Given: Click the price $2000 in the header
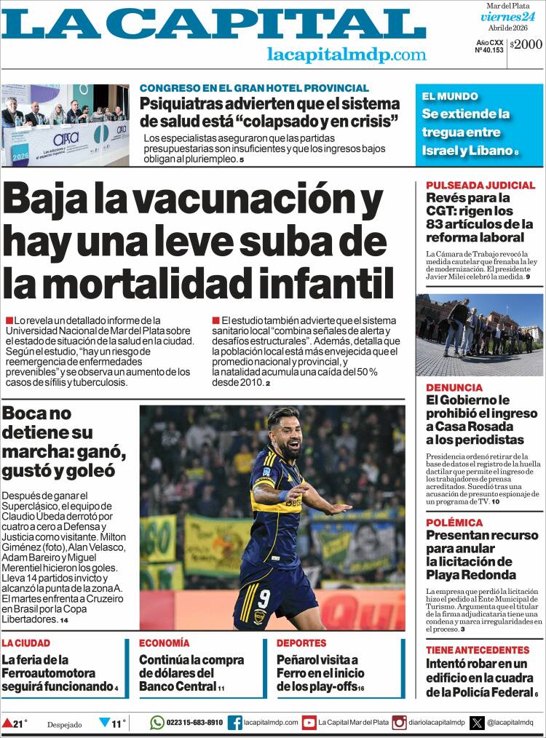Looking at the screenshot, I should [x=526, y=44].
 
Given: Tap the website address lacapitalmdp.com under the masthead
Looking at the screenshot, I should [x=347, y=55].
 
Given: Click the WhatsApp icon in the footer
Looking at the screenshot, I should [x=157, y=722].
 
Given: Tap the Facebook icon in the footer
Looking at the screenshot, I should [x=235, y=722].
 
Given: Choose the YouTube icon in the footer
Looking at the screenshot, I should [x=309, y=722].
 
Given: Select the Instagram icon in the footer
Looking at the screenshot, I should [x=399, y=722].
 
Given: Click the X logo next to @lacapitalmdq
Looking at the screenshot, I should [x=477, y=722].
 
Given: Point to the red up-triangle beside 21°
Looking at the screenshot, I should [x=7, y=723].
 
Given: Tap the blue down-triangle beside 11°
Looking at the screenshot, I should [x=104, y=723].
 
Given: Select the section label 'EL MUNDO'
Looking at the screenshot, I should [x=449, y=96].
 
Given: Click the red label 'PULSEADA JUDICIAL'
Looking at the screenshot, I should [x=480, y=185].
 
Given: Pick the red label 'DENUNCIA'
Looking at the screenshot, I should [x=454, y=387].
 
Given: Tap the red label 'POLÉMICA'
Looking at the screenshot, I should [x=454, y=523].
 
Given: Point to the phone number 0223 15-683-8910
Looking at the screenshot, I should [x=194, y=722].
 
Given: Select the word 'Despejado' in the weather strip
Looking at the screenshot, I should [x=65, y=724].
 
